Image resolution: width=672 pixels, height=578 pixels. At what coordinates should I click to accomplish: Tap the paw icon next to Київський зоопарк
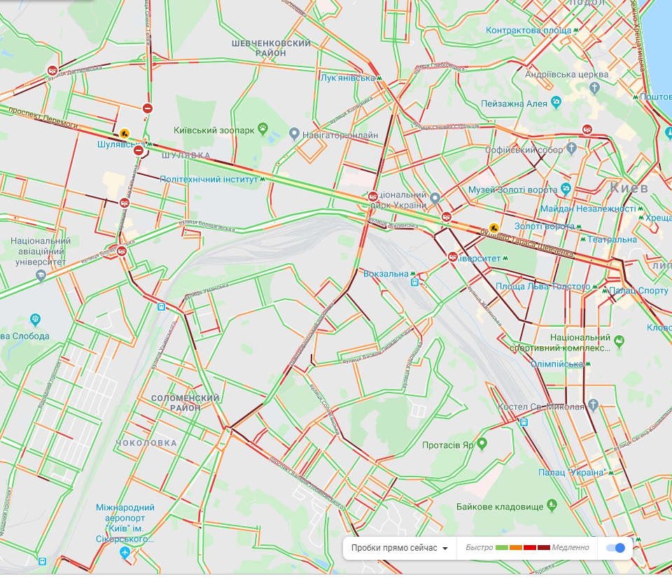pos(263,129)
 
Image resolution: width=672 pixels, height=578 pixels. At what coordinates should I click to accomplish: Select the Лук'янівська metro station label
pos(347,78)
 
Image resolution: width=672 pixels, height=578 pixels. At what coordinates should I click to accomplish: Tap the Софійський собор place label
pos(531,150)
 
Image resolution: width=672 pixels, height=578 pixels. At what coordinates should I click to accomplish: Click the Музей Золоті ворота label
pos(512,190)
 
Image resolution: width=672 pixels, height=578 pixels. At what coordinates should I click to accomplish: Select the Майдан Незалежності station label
pos(587,209)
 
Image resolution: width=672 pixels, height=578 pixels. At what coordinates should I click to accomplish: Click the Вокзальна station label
pos(386,274)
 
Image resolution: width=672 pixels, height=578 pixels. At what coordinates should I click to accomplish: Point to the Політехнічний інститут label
pos(209,179)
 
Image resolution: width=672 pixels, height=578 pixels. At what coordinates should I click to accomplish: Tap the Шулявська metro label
pos(120,144)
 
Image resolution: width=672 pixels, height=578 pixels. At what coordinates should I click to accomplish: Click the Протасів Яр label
pos(449,444)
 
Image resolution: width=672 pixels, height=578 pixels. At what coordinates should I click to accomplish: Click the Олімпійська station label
pos(556,364)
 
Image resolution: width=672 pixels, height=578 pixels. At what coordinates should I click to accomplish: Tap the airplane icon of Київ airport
pos(125,554)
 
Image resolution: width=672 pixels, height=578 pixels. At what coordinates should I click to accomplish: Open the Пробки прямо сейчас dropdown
pos(400,548)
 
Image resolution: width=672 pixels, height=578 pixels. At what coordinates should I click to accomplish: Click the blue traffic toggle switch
pos(615,548)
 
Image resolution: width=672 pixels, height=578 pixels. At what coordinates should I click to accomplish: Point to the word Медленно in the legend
pos(570,548)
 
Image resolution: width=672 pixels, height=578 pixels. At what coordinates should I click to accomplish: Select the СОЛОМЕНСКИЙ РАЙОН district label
pos(185,402)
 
